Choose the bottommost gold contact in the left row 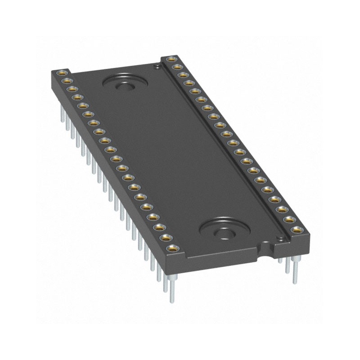[171, 248]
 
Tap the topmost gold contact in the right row [171, 59]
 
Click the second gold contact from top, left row [66, 81]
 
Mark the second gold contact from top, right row [177, 67]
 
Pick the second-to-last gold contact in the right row [290, 220]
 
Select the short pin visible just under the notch [280, 260]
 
